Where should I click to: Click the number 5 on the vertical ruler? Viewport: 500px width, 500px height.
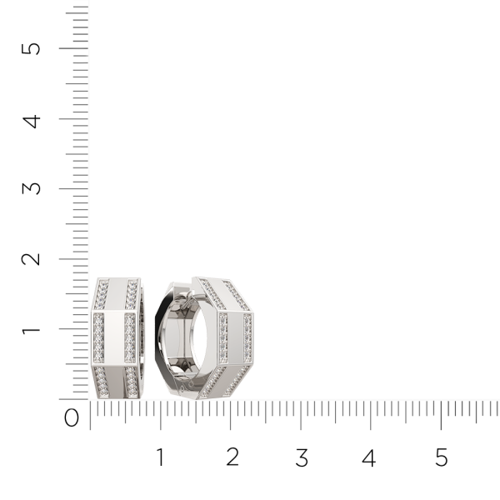[31, 49]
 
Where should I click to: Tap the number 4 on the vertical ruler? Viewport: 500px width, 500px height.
[32, 122]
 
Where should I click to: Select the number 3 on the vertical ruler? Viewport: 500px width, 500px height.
[32, 188]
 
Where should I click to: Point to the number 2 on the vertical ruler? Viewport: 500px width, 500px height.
[31, 259]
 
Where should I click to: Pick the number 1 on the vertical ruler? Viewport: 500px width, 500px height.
[31, 330]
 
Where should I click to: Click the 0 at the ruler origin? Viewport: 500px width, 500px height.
[72, 417]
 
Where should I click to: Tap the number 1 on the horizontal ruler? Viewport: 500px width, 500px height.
[160, 457]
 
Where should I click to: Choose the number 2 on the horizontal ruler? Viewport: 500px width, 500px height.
[232, 457]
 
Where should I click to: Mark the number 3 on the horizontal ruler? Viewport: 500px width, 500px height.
[302, 457]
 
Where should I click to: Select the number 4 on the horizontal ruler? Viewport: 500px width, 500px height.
[369, 457]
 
